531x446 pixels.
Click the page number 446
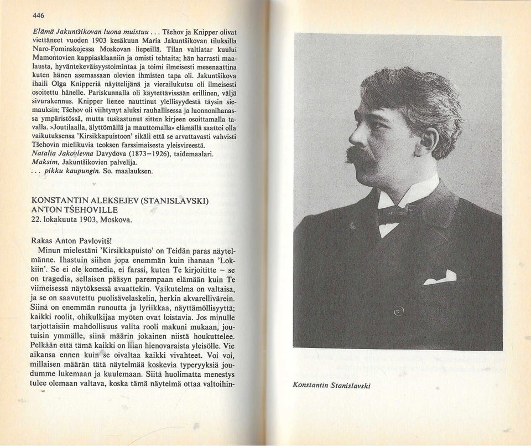point(38,15)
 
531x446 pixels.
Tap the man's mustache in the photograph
point(360,155)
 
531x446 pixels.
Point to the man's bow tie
point(395,212)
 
